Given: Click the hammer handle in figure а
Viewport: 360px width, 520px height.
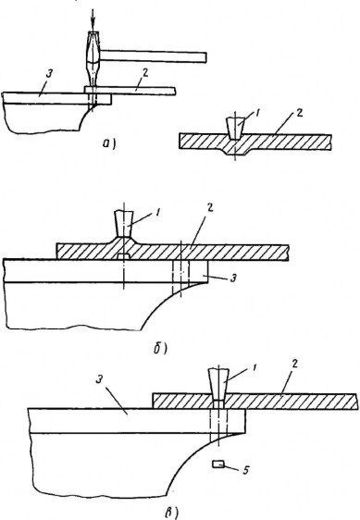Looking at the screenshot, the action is (x=154, y=56).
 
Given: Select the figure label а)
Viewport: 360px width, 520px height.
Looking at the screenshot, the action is (x=109, y=144).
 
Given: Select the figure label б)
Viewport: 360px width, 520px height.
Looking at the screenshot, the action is (x=160, y=348).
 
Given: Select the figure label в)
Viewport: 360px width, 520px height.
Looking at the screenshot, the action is (x=171, y=514).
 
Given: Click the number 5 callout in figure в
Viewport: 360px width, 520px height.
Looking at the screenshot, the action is (x=245, y=470).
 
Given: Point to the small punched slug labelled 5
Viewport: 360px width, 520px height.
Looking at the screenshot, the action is (x=218, y=464).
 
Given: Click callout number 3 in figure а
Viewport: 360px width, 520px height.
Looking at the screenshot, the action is (x=49, y=74).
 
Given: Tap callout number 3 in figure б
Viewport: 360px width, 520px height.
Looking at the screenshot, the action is (x=233, y=279).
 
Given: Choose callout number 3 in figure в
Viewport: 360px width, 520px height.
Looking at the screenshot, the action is (x=98, y=380).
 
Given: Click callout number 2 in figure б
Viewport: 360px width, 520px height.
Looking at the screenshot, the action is (x=210, y=208).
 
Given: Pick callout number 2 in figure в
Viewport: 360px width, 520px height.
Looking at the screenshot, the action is (x=294, y=364).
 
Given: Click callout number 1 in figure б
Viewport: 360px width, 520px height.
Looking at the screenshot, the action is (x=157, y=213).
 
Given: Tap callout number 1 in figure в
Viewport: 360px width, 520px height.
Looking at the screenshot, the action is (x=254, y=367).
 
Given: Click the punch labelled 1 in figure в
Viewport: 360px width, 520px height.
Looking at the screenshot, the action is (x=218, y=385).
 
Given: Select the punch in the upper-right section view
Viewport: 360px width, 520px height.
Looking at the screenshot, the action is (x=235, y=129).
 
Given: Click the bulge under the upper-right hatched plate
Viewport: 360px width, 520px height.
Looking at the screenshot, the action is (x=235, y=153).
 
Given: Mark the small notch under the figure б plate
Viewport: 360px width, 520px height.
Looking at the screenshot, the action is (x=123, y=256).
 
